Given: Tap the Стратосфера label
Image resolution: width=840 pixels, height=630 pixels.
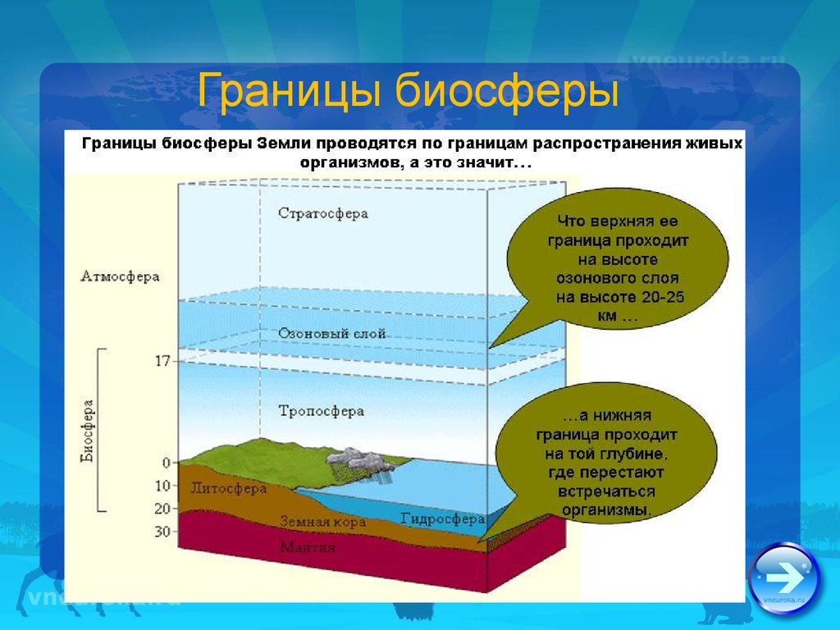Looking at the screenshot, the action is coord(323,214).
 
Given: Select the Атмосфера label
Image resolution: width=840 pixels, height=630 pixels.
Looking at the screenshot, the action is coord(120,277).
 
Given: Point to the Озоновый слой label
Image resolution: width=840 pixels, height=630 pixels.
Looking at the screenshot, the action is coord(331,334).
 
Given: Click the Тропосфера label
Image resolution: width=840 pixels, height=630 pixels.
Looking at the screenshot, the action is coord(321,412).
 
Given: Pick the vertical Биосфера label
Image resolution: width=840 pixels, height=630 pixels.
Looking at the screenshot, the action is coord(87,430).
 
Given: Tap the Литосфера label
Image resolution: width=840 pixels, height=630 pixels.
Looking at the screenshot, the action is coord(229,489).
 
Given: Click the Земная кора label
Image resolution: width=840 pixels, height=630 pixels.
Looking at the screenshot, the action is coord(323,522).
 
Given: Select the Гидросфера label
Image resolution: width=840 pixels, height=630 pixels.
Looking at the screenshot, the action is coord(442,519).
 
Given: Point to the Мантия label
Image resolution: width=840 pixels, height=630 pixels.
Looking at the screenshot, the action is coord(308,547).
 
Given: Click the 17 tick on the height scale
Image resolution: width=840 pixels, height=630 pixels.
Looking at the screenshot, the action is coord(162,362).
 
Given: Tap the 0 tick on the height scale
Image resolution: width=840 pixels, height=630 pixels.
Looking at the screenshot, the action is coord(166,463).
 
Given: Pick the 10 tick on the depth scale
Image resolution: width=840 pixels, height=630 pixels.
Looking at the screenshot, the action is coord(163,486).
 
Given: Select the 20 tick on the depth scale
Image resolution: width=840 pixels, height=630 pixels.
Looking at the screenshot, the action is coord(163,509).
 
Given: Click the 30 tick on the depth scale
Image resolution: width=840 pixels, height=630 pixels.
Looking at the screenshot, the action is coord(163,532).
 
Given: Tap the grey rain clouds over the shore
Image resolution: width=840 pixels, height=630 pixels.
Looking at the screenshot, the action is coord(353,459).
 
